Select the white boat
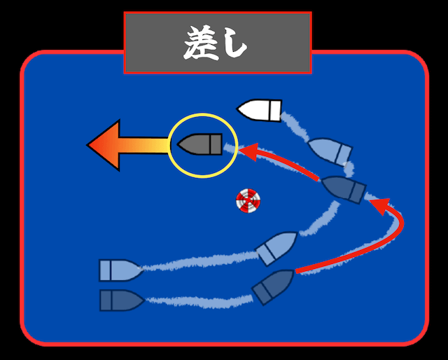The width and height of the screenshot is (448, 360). (x=260, y=109)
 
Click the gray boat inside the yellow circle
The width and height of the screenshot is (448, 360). (x=200, y=144)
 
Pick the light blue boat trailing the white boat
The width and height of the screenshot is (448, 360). (x=330, y=150)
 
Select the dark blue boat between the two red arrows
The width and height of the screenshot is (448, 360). (x=343, y=188)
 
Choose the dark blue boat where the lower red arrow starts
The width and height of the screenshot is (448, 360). (x=272, y=286)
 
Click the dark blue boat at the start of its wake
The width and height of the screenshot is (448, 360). (x=120, y=300)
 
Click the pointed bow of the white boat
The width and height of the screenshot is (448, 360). (x=242, y=109)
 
